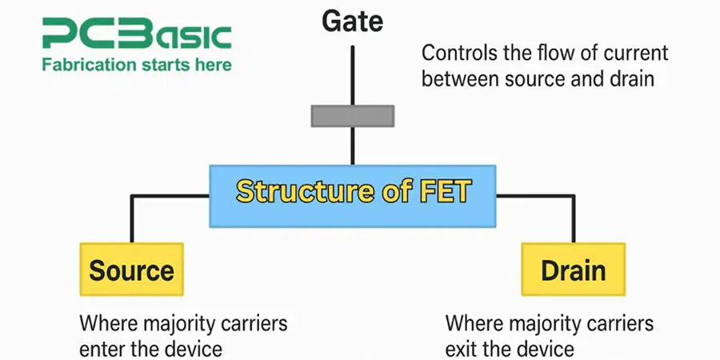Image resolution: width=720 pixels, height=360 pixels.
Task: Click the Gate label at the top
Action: pos(352,22)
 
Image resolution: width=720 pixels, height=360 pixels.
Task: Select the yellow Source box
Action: pos(131,270)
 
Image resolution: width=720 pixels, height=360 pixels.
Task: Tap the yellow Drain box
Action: pos(573,270)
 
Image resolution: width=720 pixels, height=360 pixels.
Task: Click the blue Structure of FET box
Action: pos(352,192)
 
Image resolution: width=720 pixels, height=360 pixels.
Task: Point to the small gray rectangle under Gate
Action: pos(352,116)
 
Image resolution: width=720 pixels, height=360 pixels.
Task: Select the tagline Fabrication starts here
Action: pos(136,64)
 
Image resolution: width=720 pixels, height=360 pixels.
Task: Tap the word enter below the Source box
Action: pos(101,350)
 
